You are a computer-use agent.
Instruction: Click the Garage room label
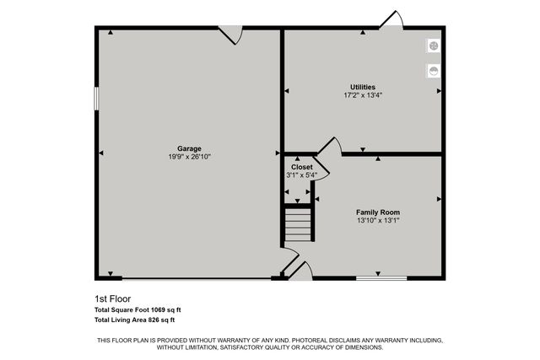(x=189, y=148)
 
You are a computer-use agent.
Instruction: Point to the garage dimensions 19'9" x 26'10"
(x=189, y=156)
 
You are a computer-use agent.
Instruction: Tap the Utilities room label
(x=363, y=87)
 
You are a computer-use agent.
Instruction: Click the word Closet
(x=301, y=167)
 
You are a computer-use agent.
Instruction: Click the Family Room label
(x=377, y=212)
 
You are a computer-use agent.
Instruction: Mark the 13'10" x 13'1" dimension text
(x=377, y=220)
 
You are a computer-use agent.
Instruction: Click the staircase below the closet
(x=298, y=225)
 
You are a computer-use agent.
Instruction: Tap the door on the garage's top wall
(x=231, y=34)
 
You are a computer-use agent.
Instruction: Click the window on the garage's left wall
(x=96, y=98)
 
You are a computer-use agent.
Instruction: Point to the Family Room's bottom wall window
(x=381, y=277)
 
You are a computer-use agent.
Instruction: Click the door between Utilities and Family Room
(x=329, y=147)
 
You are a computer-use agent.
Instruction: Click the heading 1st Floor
(x=113, y=298)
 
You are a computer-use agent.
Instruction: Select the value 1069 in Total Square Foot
(x=158, y=309)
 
